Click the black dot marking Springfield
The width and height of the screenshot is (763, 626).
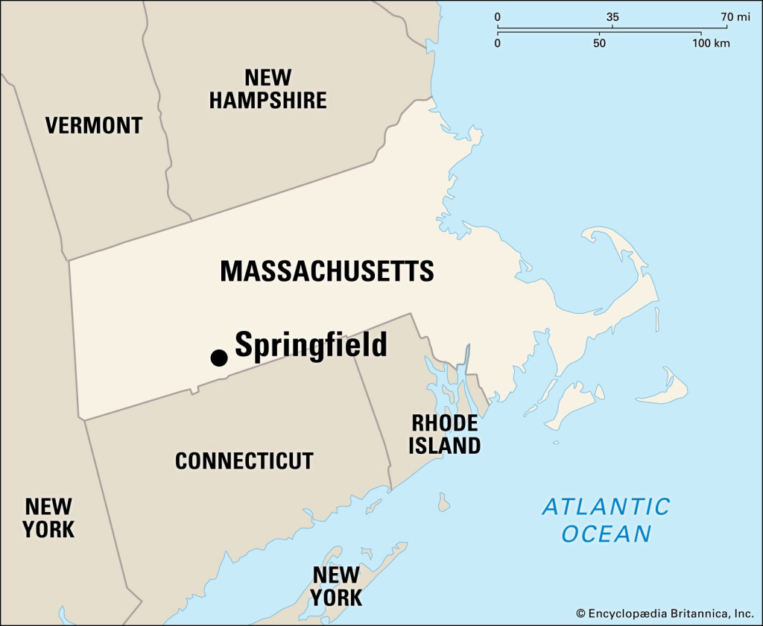tap(218, 358)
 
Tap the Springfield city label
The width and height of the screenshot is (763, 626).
tap(311, 345)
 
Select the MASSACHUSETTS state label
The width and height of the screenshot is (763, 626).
tap(326, 271)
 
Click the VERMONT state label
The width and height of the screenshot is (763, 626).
tap(93, 125)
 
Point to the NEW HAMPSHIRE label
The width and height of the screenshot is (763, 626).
tap(267, 89)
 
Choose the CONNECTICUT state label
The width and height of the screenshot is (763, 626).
tap(244, 461)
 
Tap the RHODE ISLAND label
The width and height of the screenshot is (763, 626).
tap(446, 434)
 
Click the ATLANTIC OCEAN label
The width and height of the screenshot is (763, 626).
tap(606, 520)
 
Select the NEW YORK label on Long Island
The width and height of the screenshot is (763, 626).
tap(337, 586)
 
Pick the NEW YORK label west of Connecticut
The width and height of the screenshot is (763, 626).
tap(48, 518)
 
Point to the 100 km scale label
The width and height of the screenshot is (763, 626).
tap(710, 43)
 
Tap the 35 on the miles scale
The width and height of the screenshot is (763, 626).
tap(612, 16)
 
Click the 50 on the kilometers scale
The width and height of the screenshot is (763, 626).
tap(599, 43)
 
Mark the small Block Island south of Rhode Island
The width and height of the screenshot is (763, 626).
tap(444, 502)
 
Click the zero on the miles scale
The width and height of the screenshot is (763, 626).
tap(498, 16)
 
